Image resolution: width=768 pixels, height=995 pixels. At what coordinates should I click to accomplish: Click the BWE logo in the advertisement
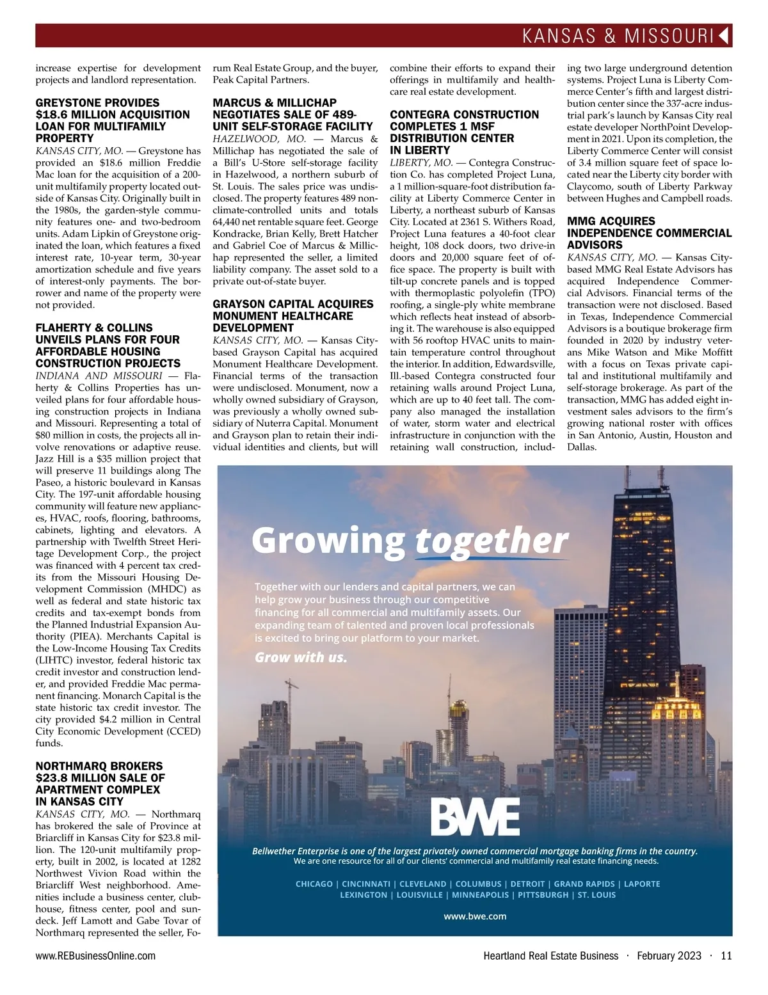[x=475, y=816]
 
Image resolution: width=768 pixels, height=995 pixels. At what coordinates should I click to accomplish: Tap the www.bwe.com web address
[x=475, y=916]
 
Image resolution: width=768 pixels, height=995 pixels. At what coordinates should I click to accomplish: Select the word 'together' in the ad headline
[x=492, y=541]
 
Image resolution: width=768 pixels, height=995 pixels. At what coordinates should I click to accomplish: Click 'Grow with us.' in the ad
[x=301, y=657]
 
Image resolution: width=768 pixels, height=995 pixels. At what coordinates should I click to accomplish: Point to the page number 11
[x=726, y=956]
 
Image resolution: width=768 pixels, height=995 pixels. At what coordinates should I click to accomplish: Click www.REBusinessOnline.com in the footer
[x=95, y=956]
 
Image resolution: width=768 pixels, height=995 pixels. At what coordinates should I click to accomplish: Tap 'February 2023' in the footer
[x=669, y=956]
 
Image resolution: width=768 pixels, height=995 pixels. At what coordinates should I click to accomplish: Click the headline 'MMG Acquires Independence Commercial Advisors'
[x=649, y=233]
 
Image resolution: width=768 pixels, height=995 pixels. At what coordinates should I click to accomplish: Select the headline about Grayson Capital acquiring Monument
[x=292, y=315]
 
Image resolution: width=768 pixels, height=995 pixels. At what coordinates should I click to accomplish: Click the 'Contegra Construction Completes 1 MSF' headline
[x=464, y=132]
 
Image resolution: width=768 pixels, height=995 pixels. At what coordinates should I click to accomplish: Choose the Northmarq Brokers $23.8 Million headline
[x=100, y=783]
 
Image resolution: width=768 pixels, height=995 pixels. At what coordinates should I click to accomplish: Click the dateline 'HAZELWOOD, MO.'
[x=259, y=139]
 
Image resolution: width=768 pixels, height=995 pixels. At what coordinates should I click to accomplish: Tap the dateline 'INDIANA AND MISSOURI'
[x=99, y=376]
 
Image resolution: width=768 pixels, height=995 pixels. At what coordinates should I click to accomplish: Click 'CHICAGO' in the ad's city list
[x=314, y=884]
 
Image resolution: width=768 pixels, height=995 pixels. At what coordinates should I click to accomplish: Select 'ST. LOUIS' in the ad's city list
[x=596, y=895]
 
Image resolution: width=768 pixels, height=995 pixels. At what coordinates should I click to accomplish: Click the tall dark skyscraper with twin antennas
[x=643, y=576]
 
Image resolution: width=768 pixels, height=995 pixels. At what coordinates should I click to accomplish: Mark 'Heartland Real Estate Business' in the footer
[x=550, y=956]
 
